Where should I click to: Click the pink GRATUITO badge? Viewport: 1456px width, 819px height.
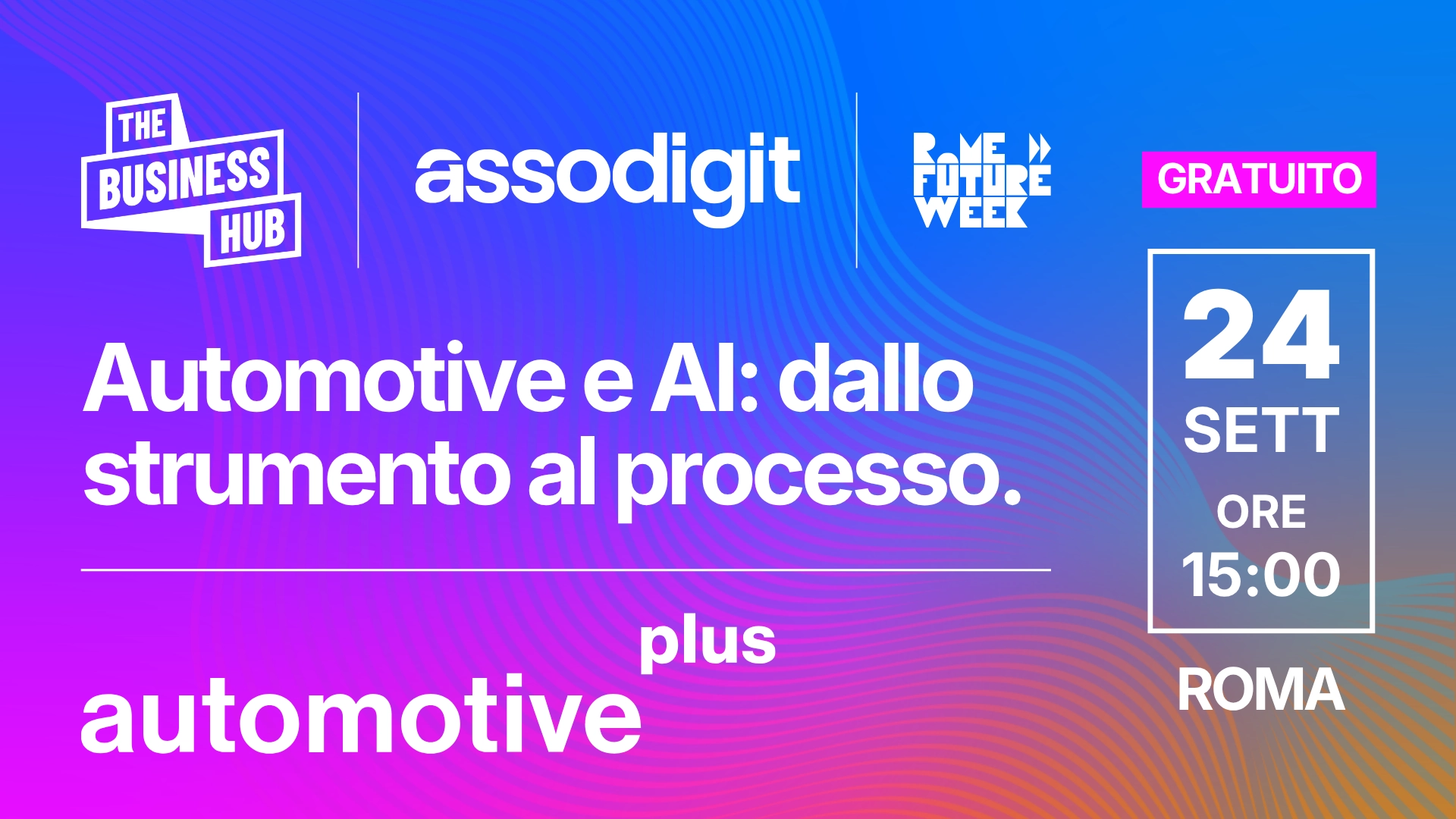coord(1259,180)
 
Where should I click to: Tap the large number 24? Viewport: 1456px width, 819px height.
coord(1261,334)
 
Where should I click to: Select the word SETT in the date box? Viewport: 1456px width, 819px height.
coord(1261,431)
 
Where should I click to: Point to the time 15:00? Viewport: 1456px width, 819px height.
coord(1261,575)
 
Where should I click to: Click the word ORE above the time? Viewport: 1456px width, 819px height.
coord(1261,512)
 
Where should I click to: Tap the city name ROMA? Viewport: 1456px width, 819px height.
coord(1261,689)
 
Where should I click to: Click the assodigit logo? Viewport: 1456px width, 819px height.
coord(607,178)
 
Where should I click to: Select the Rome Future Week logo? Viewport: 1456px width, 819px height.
coord(982,180)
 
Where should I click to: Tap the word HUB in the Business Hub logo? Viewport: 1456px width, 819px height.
coord(253,231)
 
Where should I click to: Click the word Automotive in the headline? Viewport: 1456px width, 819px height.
coord(325,378)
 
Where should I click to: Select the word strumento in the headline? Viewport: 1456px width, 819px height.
coord(297,474)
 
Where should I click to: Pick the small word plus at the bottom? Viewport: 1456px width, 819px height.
coord(708,644)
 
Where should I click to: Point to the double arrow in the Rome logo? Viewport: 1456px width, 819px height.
coord(1040,147)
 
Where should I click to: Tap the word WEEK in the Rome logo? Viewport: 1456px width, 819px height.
coord(971,213)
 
